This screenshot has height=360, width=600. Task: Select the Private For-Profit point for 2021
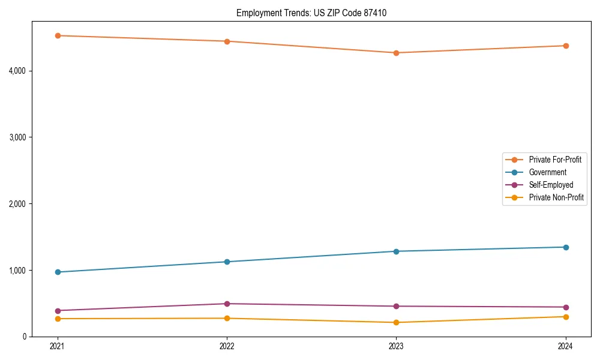[x=58, y=35]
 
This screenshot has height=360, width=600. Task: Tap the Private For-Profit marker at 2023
[x=396, y=53]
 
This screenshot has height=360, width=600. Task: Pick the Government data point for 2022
[x=227, y=262]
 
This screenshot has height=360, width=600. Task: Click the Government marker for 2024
[x=566, y=247]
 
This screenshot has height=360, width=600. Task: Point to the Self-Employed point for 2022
[x=227, y=304]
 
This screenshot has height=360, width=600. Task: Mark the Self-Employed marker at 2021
[x=58, y=311]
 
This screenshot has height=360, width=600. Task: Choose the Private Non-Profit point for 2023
[x=396, y=322]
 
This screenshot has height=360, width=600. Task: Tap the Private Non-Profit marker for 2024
[x=566, y=317]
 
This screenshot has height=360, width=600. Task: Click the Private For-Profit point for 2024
[x=566, y=46]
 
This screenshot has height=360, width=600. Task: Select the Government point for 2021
[x=58, y=272]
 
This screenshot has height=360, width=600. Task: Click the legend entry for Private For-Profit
[x=554, y=160]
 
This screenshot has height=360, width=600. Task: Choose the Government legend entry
[x=547, y=172]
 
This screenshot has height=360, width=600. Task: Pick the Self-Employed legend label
[x=551, y=185]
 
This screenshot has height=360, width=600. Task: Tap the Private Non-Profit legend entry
[x=556, y=197]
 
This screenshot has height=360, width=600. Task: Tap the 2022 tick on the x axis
[x=227, y=346]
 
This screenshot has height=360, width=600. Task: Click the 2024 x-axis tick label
[x=566, y=346]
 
